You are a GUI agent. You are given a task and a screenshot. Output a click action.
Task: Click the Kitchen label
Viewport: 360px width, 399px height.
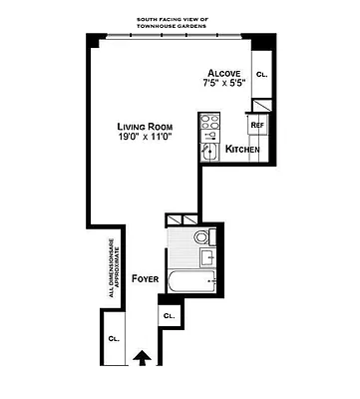click(x=242, y=150)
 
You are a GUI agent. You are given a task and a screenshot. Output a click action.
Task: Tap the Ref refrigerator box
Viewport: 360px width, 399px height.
click(x=256, y=125)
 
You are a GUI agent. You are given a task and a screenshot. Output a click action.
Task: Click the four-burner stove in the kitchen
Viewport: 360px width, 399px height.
click(x=210, y=125)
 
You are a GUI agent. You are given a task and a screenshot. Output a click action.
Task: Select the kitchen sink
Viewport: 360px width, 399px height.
click(x=209, y=151)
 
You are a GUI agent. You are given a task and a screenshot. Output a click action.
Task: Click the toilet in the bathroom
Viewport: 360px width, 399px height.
click(x=202, y=237)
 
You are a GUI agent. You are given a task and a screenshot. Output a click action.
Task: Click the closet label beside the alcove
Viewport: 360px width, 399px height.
click(x=262, y=75)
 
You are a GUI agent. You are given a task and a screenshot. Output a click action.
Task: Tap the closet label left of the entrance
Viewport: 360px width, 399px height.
click(x=114, y=339)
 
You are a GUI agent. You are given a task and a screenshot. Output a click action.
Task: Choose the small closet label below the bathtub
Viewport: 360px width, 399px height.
click(x=169, y=315)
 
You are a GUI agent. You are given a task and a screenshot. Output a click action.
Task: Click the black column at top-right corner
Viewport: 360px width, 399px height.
click(x=262, y=45)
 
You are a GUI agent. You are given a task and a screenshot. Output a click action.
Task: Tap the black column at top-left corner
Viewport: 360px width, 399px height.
click(x=94, y=40)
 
